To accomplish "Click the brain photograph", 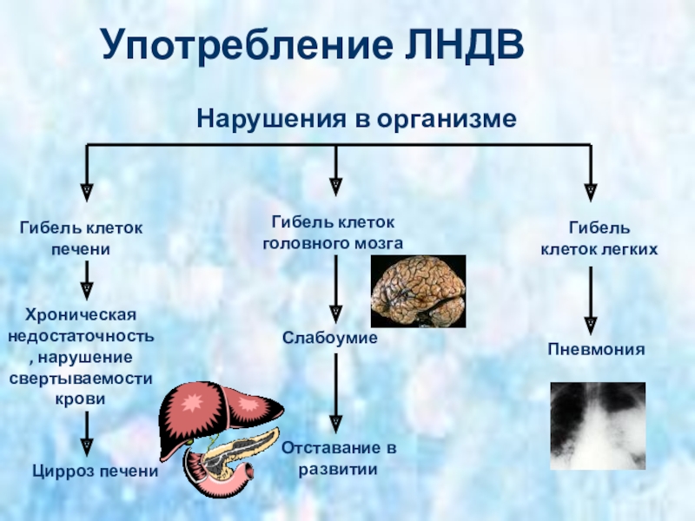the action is [418, 291].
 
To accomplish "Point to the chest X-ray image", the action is [599, 425].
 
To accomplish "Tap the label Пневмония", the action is [596, 350].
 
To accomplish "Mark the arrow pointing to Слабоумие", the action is [335, 291].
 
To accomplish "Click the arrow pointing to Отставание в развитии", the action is [335, 391].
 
